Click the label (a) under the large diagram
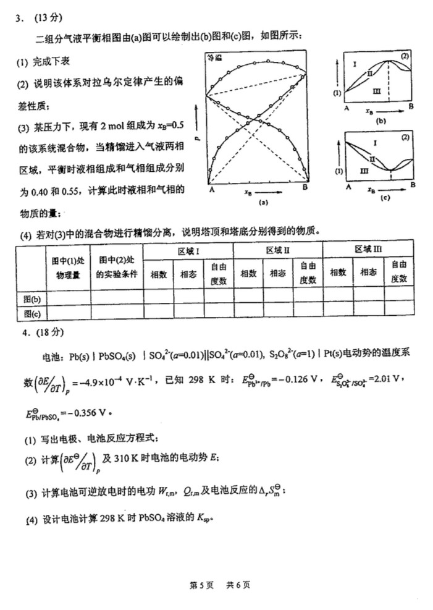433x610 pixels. pyautogui.click(x=263, y=202)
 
